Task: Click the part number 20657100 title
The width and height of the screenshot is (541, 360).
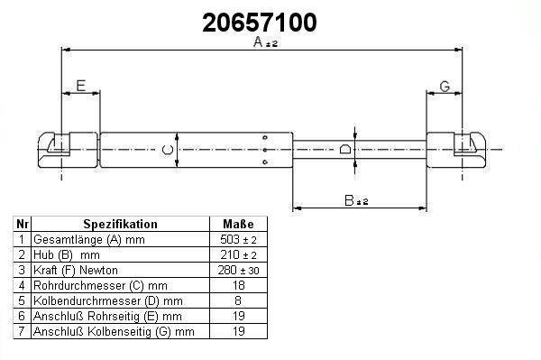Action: point(260,23)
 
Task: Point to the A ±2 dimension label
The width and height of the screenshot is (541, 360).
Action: point(265,42)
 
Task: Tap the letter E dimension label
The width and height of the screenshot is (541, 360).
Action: point(81,86)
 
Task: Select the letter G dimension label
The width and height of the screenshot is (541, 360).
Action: point(445,87)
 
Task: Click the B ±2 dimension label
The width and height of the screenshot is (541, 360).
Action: point(356,200)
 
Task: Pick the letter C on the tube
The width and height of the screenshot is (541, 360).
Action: point(168,150)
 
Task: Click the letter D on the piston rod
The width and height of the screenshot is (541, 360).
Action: point(345,149)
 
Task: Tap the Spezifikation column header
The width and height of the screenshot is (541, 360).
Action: point(121,224)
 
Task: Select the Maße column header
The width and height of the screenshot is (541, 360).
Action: point(238,224)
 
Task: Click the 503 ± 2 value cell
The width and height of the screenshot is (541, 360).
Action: point(238,239)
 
